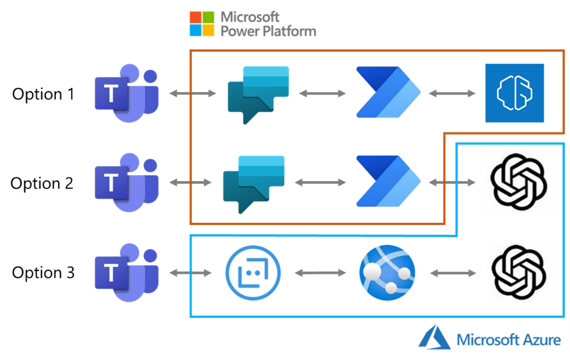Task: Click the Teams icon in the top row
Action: click(x=126, y=93)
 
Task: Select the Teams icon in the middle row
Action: click(x=126, y=183)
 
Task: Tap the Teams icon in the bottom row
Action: click(x=126, y=272)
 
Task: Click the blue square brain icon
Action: click(x=515, y=93)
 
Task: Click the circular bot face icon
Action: click(x=253, y=272)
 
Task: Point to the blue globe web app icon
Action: click(x=387, y=273)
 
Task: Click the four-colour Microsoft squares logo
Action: click(x=202, y=24)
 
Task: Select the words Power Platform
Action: click(x=268, y=31)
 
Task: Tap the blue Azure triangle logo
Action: click(x=434, y=337)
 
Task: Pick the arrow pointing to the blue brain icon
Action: click(x=452, y=94)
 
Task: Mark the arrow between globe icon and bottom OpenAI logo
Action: click(x=452, y=272)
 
